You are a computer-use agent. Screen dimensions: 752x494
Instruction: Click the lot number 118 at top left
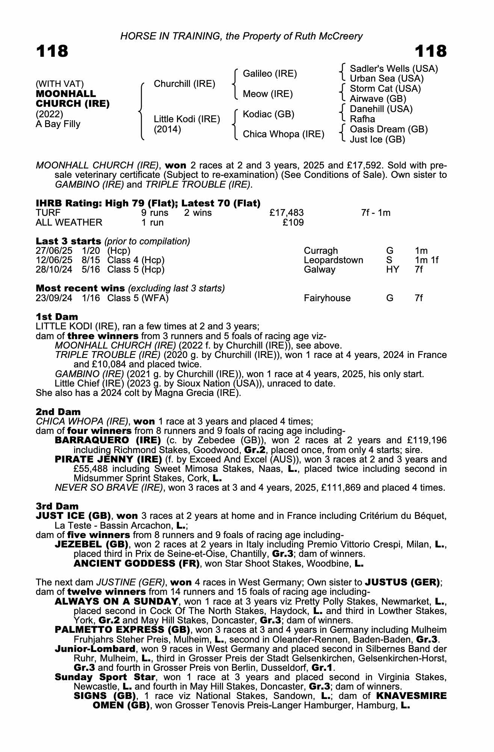click(52, 51)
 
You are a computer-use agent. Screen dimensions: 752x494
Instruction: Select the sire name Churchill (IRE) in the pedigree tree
click(184, 83)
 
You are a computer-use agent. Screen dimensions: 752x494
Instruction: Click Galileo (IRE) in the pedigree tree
click(270, 74)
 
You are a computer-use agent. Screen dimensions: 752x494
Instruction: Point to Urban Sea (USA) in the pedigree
click(387, 79)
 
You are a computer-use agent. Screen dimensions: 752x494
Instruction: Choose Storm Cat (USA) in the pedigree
click(385, 89)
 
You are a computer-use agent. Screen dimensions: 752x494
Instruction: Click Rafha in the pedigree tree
click(362, 119)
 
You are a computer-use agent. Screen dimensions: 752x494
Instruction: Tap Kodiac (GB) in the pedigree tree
click(268, 114)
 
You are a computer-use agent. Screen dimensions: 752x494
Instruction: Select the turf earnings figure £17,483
click(287, 213)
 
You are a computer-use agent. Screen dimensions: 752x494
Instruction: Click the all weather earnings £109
click(293, 223)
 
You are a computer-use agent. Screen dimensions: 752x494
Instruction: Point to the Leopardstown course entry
click(333, 260)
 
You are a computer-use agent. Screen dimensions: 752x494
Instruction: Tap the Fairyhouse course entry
click(327, 298)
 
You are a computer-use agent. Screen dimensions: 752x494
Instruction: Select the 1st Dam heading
click(57, 317)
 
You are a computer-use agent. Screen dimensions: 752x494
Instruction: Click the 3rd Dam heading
click(57, 506)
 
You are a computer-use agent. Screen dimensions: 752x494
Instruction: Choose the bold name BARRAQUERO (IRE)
click(108, 440)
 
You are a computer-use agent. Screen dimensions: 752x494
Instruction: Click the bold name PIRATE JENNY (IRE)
click(107, 459)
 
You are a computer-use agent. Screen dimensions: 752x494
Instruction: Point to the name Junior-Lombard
click(95, 649)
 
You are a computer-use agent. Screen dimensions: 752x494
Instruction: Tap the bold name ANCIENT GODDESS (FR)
click(136, 563)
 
